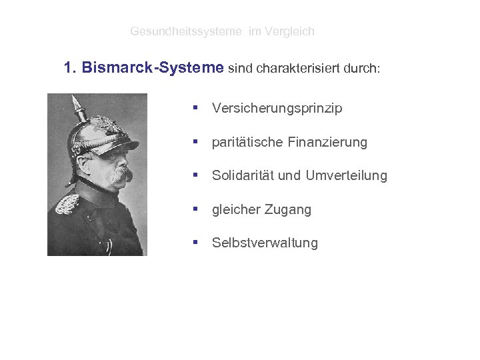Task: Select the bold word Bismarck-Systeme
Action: (x=153, y=68)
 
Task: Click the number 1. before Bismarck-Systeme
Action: (x=71, y=68)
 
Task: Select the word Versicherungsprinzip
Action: (x=277, y=109)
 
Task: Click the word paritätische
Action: (x=247, y=143)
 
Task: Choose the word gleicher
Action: (x=235, y=210)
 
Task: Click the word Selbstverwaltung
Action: (x=265, y=243)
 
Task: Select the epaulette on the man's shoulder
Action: (x=67, y=204)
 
